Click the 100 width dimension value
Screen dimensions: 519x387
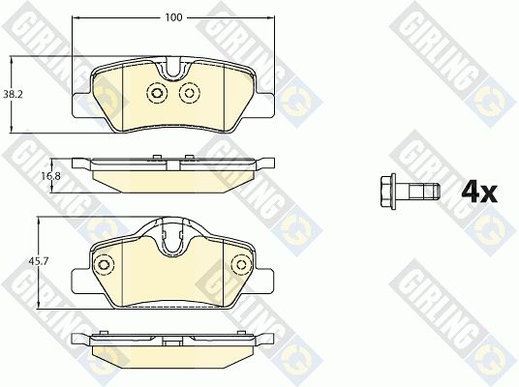coord(173,17)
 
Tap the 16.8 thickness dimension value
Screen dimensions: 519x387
coord(50,176)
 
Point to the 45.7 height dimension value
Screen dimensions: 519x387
coord(39,261)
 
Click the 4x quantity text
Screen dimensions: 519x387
coord(479,193)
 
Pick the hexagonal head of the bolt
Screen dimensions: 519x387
coord(388,192)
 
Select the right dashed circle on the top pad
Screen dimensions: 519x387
coord(190,93)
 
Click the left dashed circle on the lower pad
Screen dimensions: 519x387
coord(104,264)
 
